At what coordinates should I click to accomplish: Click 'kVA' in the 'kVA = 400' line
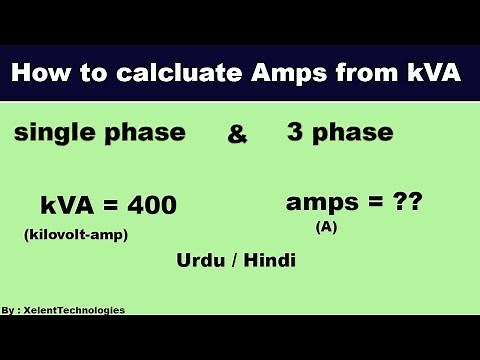67,206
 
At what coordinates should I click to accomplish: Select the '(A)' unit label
326,227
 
